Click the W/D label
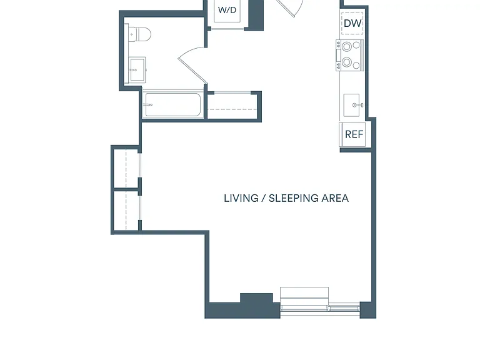point(227,10)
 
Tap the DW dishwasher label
point(352,23)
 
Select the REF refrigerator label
point(354,134)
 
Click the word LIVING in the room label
point(241,198)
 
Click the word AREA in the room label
point(335,198)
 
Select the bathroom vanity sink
point(137,70)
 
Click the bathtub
point(173,105)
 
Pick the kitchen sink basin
point(351,105)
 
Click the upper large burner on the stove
point(347,47)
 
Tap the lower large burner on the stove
point(347,62)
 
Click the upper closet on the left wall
point(126,168)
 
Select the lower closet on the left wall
point(126,211)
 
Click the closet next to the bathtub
point(233,106)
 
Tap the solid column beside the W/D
point(256,15)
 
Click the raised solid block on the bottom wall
point(256,298)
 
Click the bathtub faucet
point(149,105)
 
